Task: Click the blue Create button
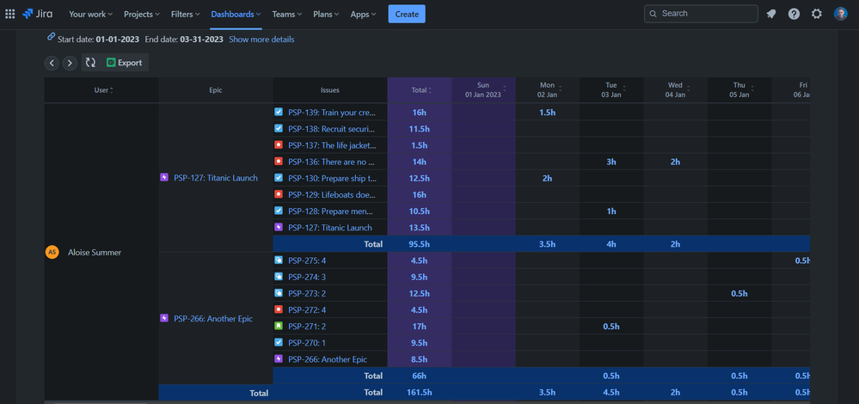coord(406,14)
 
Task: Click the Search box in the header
coord(701,14)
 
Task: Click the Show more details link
coord(261,40)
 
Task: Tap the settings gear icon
coord(817,14)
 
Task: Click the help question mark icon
coord(794,14)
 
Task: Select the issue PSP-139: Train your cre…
coord(332,113)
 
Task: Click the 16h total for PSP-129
coord(420,195)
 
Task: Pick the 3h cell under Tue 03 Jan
coord(611,162)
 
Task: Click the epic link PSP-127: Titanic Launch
coord(215,178)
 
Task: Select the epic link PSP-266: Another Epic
coord(215,318)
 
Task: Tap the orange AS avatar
coord(52,252)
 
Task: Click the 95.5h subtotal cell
coord(420,244)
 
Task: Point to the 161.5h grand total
coord(420,392)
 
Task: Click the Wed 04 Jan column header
coord(675,89)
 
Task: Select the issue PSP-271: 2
coord(307,327)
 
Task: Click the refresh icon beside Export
coord(89,63)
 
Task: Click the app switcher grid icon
coord(10,14)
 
